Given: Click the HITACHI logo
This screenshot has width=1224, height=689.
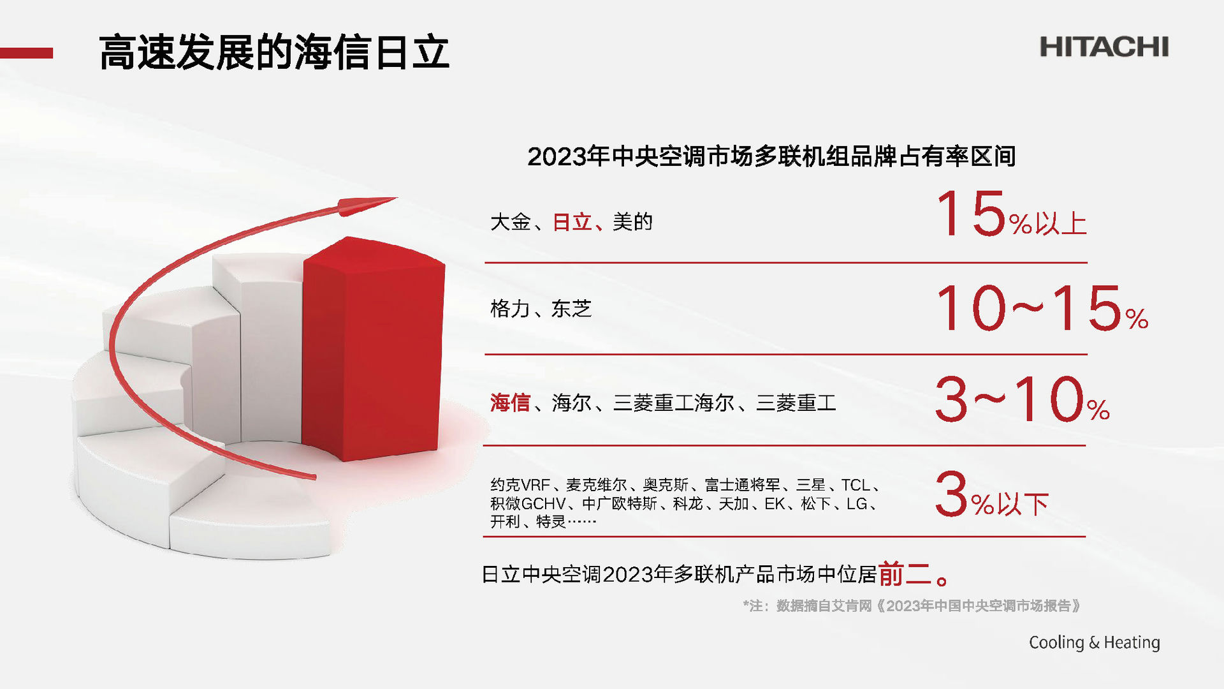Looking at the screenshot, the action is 1104,47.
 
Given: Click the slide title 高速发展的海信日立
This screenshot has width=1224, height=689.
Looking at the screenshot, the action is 274,52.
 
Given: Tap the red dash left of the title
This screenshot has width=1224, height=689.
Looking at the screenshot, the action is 26,53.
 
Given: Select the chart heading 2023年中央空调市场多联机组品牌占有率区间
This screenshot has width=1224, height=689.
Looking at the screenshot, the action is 771,156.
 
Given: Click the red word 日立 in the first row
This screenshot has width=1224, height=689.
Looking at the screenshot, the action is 572,222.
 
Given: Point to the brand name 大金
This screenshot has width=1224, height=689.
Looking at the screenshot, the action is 510,222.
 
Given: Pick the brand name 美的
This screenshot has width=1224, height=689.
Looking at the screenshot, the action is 632,222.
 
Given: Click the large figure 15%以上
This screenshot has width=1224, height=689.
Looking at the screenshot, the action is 1010,214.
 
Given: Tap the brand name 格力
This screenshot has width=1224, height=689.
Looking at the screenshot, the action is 510,309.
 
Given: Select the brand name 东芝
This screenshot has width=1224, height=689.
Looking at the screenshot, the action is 571,309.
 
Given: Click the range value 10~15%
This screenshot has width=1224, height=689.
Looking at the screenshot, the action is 1042,308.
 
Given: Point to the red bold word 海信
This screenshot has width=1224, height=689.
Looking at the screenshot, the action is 510,403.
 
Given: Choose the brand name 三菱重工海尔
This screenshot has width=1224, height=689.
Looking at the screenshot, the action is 674,403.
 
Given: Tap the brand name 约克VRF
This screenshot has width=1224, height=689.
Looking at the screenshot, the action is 520,485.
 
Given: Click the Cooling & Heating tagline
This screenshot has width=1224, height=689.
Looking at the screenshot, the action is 1094,642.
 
